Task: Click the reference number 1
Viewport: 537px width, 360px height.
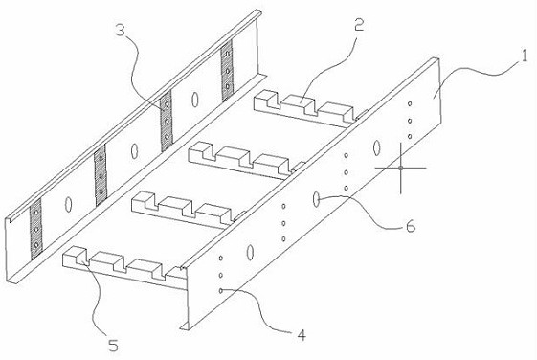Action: click(524, 56)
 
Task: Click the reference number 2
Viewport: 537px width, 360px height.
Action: click(359, 25)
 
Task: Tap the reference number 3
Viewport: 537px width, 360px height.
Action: click(121, 30)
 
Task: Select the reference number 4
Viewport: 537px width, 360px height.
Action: click(302, 335)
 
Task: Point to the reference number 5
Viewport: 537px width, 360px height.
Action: click(113, 346)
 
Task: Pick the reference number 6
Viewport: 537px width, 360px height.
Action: click(410, 226)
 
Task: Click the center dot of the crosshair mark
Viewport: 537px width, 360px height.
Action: click(400, 168)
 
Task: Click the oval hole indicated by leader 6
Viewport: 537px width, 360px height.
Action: click(316, 199)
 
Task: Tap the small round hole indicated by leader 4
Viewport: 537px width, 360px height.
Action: click(221, 291)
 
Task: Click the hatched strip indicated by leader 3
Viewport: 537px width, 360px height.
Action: click(167, 121)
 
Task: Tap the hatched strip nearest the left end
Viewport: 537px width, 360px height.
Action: click(35, 229)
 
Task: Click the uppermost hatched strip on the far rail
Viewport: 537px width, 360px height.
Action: click(226, 71)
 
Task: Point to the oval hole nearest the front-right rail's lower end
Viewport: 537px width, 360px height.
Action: click(250, 252)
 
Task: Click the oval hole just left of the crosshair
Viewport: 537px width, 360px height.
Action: click(377, 147)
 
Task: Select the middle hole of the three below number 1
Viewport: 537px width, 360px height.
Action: click(410, 121)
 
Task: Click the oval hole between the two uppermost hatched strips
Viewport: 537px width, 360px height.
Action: click(195, 99)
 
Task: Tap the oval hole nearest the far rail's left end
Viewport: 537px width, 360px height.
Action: click(68, 204)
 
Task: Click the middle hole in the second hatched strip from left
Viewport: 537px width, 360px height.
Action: click(101, 176)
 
